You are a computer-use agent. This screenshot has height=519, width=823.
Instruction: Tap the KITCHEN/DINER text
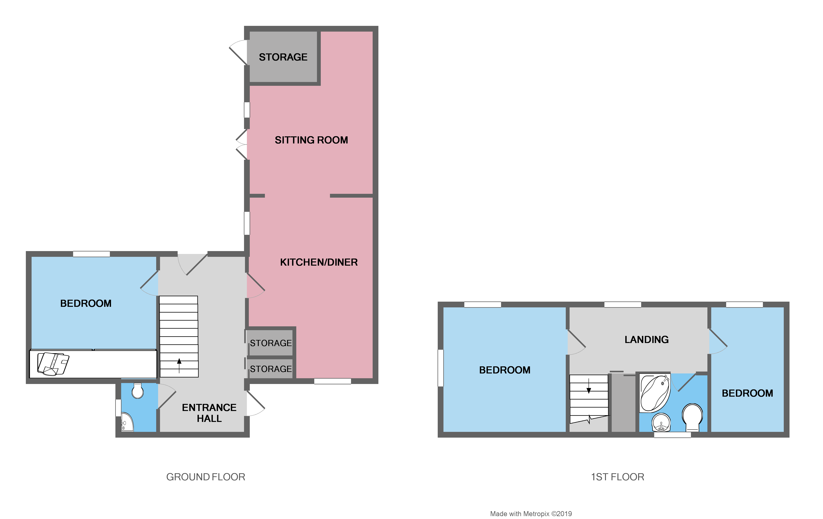[318, 262]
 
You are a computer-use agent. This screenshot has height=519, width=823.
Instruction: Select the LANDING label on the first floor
[646, 340]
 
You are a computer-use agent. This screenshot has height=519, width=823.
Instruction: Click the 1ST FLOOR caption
[617, 477]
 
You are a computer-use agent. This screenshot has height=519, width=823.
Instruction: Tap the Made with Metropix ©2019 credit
[531, 513]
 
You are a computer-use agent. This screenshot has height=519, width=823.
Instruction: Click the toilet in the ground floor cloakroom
[137, 391]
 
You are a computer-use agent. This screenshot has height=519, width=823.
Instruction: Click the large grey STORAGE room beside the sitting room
[283, 57]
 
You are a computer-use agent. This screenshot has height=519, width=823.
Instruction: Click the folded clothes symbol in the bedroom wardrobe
[53, 364]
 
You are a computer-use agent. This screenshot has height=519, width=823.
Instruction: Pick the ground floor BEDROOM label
[86, 303]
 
